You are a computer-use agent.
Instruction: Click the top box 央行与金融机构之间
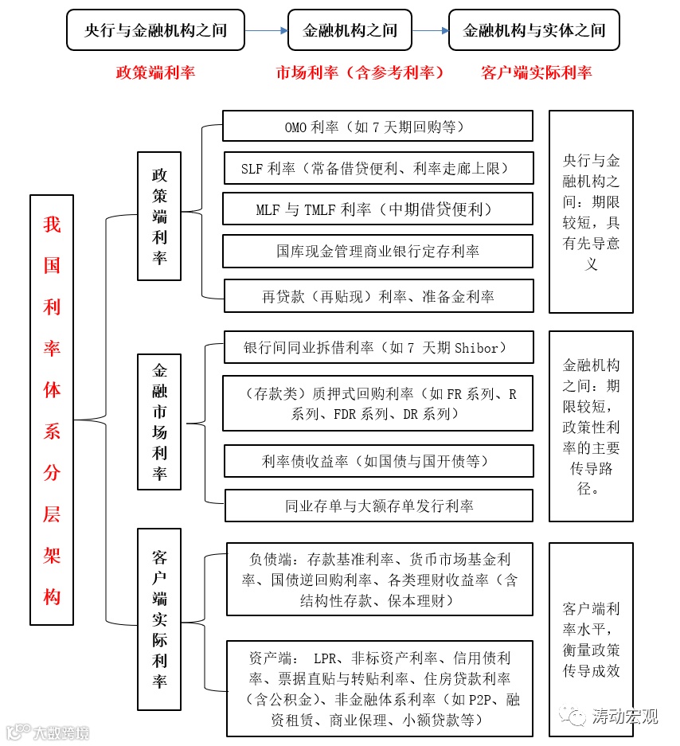coord(155,30)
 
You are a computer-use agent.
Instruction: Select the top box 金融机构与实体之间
coord(534,30)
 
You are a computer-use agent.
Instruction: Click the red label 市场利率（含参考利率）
coord(360,72)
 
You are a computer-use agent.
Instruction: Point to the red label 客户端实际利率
coord(537,72)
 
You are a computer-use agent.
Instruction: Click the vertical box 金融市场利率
coord(159,422)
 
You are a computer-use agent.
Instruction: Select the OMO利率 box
coord(377,127)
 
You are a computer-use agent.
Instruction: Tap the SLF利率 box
coord(377,168)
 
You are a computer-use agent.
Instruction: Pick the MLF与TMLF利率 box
coord(377,209)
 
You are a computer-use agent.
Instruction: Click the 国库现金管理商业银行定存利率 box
coord(377,252)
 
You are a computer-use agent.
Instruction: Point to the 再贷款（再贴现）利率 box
coord(377,296)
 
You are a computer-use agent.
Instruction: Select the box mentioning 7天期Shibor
coord(377,348)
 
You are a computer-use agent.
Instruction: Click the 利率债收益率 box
coord(377,461)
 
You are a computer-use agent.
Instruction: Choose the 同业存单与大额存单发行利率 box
coord(377,506)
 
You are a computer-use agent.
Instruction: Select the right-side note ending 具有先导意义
coord(591,211)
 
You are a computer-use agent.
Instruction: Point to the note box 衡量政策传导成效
coord(591,640)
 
